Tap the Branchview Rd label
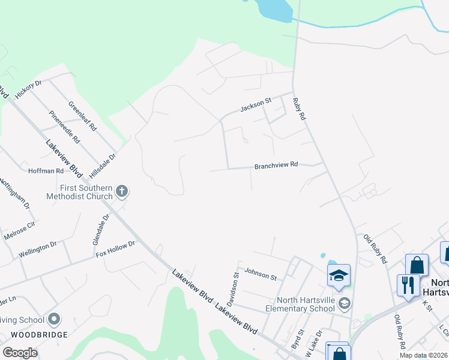pos(276,165)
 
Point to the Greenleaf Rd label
pos(82,116)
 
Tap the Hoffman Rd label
pos(46,170)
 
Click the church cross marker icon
pos(122,191)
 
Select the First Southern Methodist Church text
pos(81,192)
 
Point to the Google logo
pos(20,352)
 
